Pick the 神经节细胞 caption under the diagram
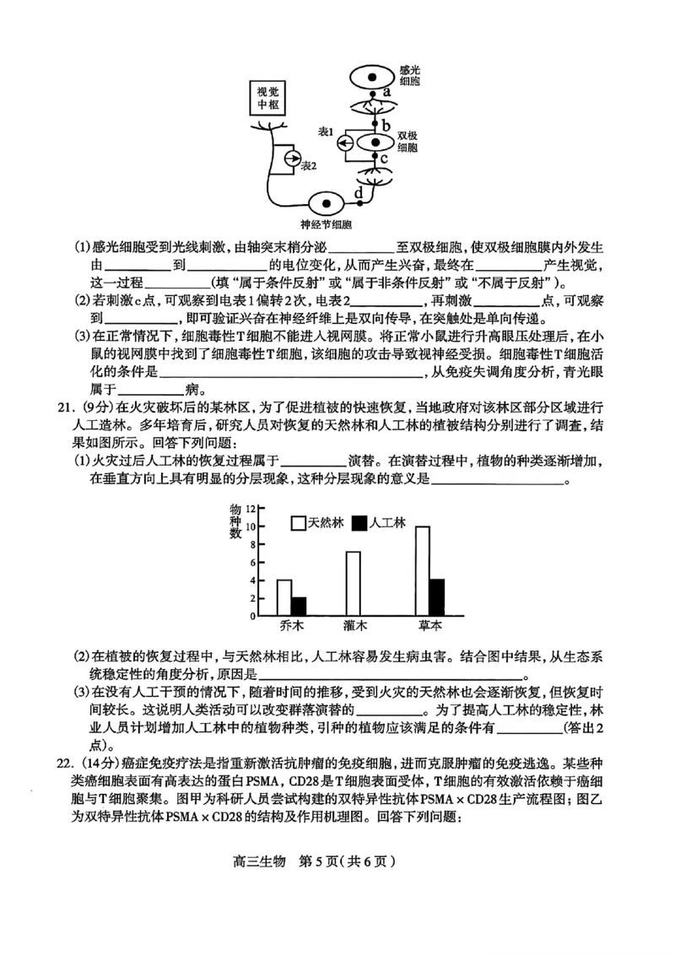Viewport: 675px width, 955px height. point(326,225)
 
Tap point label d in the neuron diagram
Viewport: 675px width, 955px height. point(359,193)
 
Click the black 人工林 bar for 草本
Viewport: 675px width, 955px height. point(436,597)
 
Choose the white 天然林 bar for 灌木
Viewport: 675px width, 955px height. point(353,584)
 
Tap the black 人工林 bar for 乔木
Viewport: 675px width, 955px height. point(299,607)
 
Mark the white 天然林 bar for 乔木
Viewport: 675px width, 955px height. point(284,598)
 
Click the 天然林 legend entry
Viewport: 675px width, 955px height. point(317,523)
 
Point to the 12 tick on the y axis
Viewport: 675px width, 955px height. point(251,508)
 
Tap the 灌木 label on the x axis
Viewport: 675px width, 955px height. point(354,627)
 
